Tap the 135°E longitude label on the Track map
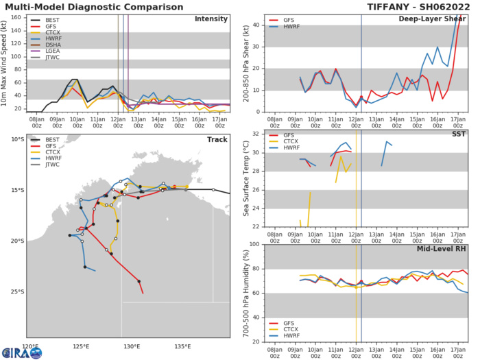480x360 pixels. [x=182, y=346]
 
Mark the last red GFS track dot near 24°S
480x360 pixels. [x=139, y=281]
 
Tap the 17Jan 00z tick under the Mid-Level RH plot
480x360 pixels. [x=460, y=348]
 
